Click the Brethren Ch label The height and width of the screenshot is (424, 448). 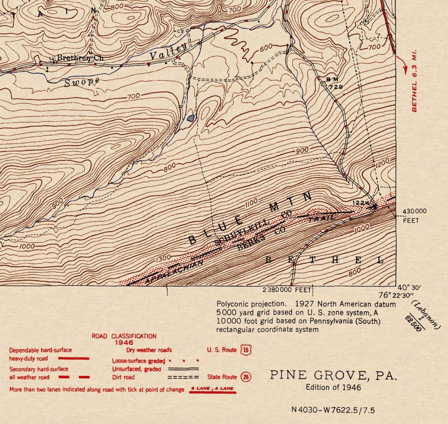(80, 58)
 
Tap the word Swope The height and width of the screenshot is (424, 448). (82, 82)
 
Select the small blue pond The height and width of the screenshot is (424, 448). (191, 118)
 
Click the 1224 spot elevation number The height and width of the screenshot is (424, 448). (361, 203)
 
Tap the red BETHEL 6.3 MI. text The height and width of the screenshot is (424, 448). (414, 81)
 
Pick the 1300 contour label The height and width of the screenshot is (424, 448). (163, 258)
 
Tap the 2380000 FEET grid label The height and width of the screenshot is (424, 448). (287, 290)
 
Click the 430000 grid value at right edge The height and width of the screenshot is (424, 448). (414, 211)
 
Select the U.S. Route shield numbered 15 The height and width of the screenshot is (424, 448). (246, 350)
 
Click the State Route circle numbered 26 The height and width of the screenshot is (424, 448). (246, 377)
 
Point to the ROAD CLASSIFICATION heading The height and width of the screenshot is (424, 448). (124, 336)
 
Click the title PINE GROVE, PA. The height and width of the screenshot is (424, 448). (333, 375)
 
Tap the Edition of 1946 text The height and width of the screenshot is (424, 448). (333, 387)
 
